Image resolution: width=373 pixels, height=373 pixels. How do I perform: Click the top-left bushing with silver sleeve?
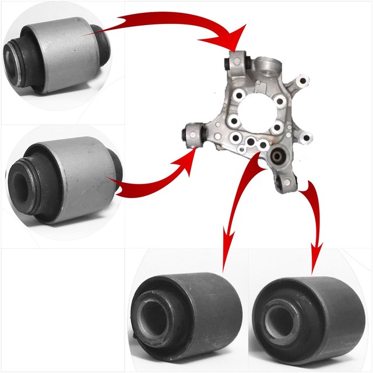[x=58, y=55]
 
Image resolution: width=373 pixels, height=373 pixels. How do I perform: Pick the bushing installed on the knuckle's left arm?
[x=192, y=133]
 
